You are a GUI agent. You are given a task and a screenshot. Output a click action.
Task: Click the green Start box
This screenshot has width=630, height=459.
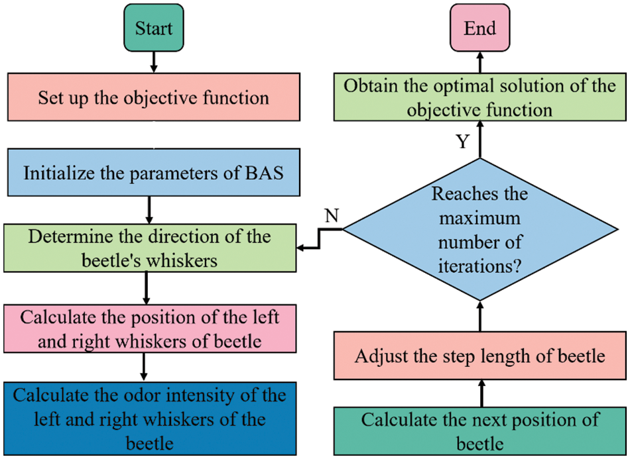153,28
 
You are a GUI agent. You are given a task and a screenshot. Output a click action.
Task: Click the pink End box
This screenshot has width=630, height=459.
479,28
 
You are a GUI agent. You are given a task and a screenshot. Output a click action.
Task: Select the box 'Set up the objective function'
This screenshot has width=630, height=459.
154,97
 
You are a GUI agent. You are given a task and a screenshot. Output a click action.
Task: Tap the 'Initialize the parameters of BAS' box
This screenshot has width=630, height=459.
154,172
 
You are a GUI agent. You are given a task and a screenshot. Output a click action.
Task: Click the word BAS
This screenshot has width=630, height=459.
265,173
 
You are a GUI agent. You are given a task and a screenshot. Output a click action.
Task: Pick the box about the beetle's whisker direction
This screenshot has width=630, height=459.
150,248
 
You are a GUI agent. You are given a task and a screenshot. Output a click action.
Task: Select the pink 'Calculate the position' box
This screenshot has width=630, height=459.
150,329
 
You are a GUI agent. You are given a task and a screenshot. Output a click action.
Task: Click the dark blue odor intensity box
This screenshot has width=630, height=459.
150,419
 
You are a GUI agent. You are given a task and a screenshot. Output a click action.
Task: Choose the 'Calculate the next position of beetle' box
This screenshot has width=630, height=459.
479,431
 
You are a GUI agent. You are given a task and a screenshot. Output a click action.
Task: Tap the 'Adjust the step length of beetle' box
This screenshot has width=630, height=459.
479,356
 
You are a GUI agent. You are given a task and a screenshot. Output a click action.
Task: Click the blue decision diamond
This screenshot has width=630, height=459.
479,229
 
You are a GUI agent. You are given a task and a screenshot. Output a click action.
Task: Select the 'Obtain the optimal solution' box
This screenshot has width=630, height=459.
479,97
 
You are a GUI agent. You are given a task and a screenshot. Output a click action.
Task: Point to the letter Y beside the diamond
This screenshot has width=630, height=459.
463,141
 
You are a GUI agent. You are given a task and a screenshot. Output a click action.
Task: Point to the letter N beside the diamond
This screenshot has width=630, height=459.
332,216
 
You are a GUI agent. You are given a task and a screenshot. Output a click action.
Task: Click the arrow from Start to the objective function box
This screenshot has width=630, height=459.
153,62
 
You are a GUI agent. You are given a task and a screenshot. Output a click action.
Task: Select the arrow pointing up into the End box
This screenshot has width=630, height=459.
479,62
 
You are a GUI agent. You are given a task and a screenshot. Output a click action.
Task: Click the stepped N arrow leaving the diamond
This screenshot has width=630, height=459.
320,239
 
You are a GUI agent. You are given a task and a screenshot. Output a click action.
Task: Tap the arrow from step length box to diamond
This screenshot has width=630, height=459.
480,316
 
